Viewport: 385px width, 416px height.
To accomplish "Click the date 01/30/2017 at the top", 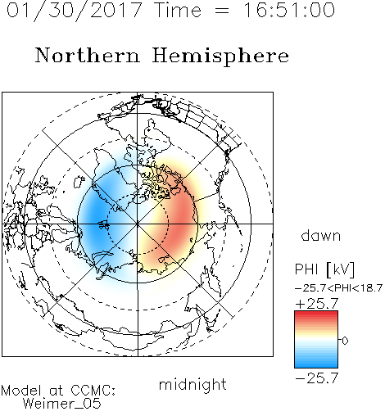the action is click(74, 11).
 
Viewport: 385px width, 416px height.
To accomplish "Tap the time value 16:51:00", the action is click(289, 10).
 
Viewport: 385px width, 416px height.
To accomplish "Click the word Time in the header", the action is click(178, 10).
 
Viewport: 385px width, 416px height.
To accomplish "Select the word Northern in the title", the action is click(88, 55).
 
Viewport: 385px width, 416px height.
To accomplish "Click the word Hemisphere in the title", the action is click(220, 57).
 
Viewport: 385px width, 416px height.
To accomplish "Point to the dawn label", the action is click(321, 235).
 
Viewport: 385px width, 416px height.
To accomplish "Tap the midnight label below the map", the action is click(192, 385).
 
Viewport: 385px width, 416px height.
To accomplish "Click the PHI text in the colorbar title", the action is click(306, 269).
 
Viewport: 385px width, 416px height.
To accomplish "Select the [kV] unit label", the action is click(341, 269).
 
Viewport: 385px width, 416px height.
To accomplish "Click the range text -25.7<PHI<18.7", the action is click(338, 287).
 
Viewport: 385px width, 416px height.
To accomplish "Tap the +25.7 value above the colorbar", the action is click(317, 304).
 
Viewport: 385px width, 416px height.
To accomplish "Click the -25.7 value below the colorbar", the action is click(317, 378).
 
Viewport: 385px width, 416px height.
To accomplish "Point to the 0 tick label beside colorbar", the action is click(345, 341).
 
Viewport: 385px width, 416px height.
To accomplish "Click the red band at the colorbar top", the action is click(316, 314).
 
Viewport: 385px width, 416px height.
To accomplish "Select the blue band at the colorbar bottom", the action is click(316, 364).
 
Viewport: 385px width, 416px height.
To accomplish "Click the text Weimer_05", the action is click(61, 403).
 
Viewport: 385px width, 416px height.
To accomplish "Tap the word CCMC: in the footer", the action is click(93, 391).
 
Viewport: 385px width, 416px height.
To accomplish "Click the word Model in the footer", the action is click(21, 391).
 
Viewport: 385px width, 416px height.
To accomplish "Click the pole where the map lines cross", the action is click(138, 224).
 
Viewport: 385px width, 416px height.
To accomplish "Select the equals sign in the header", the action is click(222, 11).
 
